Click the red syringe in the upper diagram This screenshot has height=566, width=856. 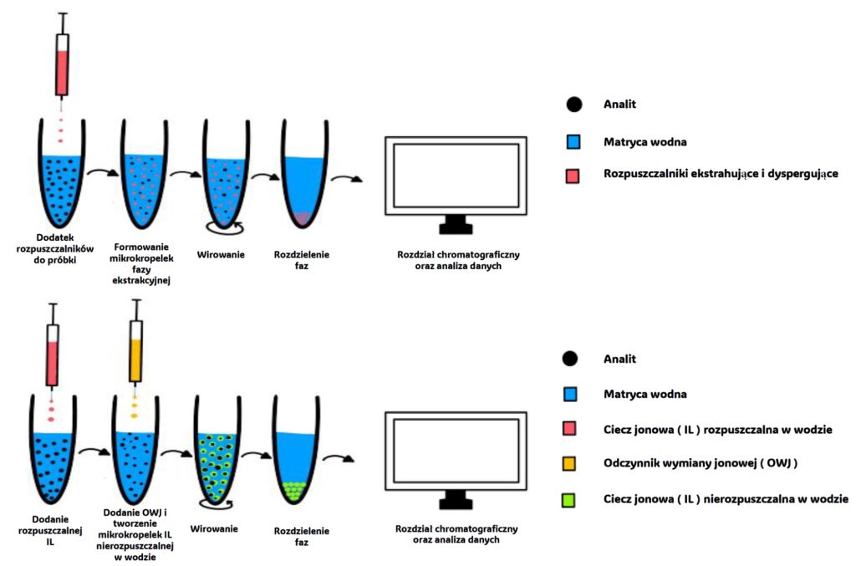[x=61, y=64]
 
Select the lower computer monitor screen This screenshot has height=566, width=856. [x=455, y=449]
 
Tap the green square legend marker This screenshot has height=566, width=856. [x=573, y=499]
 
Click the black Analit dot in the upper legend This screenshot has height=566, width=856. [x=573, y=105]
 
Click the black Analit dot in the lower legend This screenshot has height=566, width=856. [x=573, y=359]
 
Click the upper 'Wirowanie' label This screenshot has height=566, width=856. [x=221, y=254]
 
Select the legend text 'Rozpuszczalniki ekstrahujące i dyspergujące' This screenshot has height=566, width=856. [x=720, y=174]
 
